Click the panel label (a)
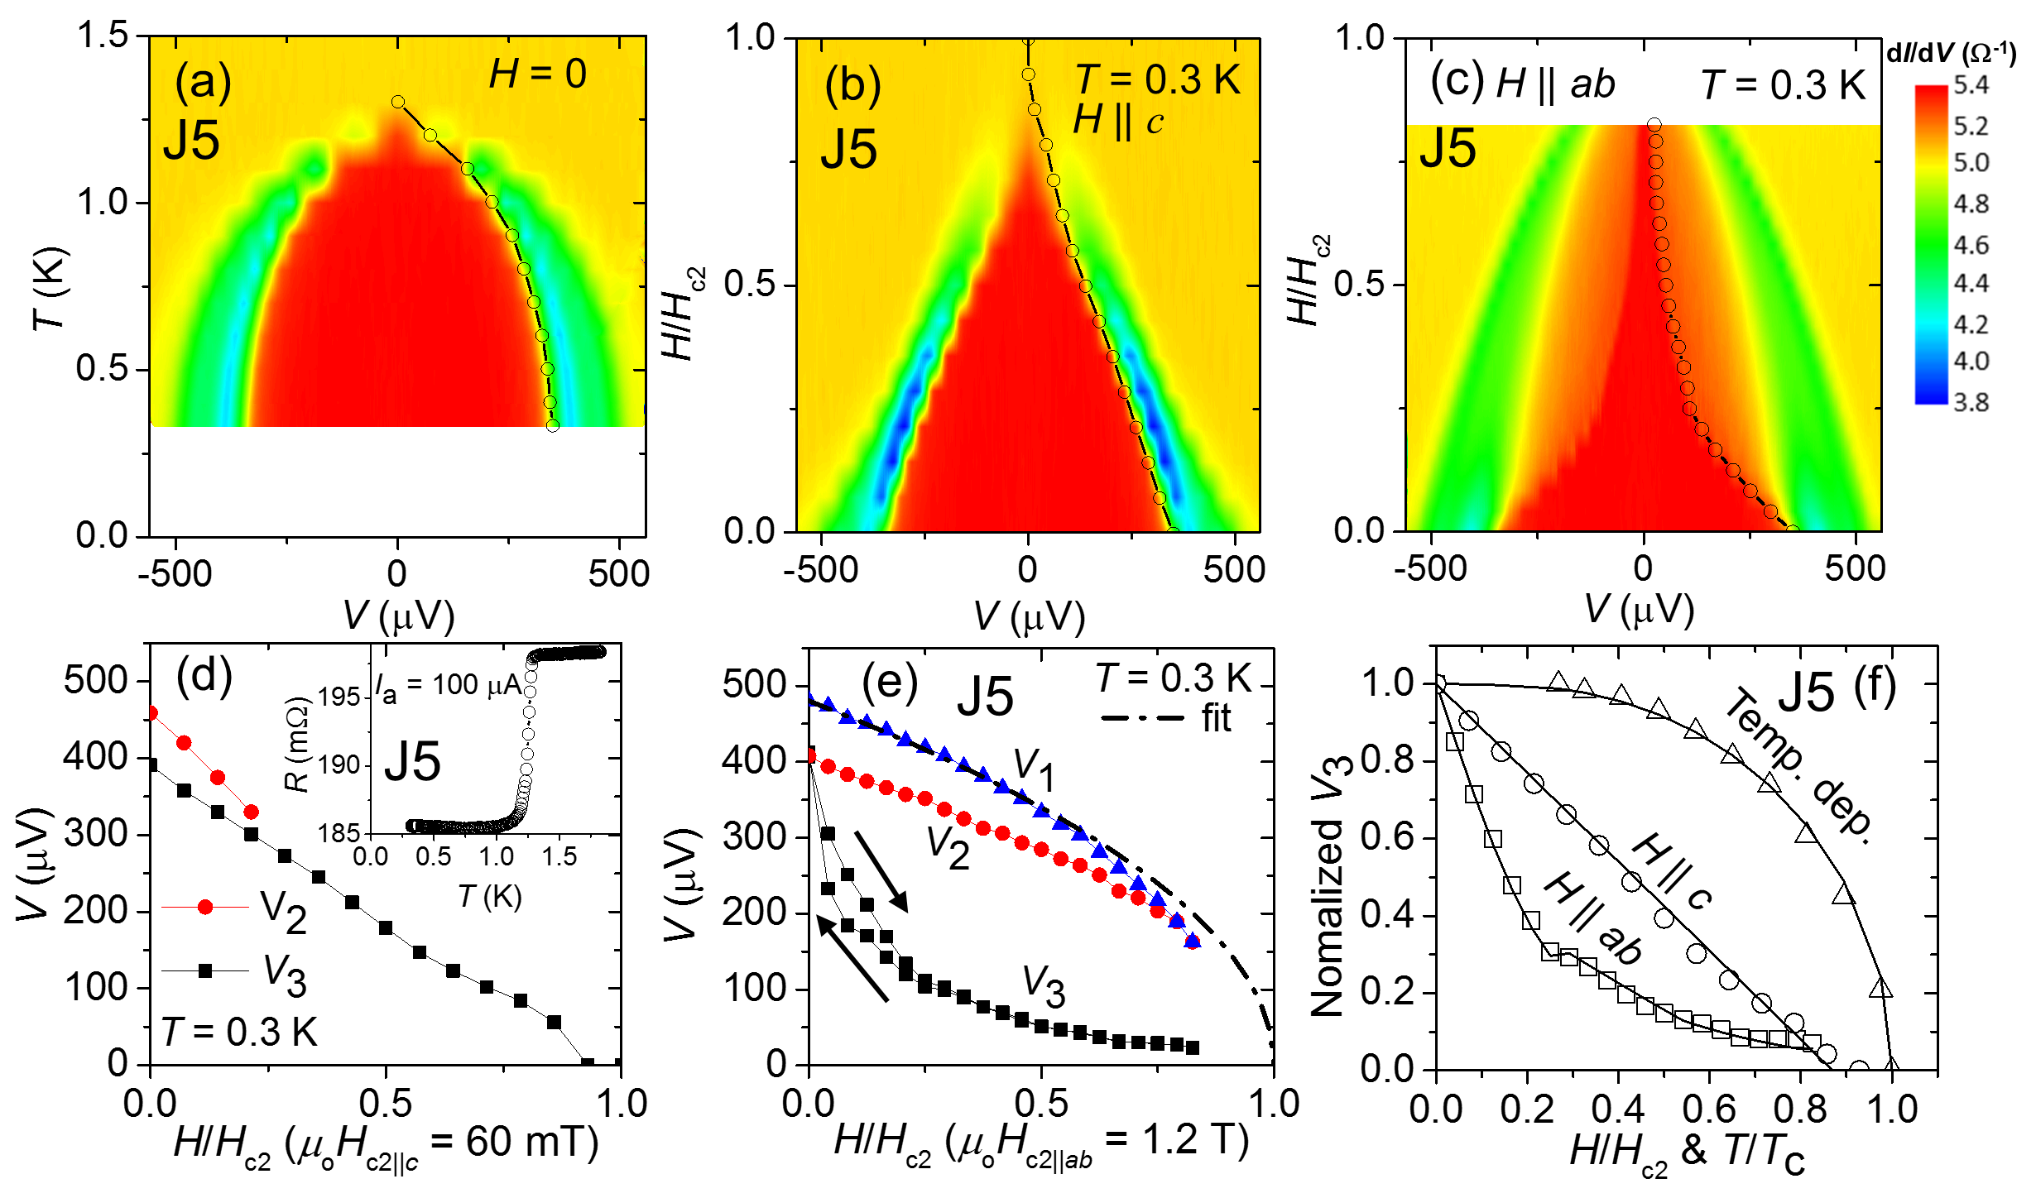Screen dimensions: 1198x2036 203,83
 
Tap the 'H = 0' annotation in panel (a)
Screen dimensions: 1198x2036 538,74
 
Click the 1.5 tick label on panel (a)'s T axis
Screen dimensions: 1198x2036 103,36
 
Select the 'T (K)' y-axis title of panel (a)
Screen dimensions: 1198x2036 50,288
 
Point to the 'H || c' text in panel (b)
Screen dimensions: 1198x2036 1118,121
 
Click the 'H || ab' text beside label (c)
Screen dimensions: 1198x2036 1556,84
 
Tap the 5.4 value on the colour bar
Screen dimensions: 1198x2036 1971,85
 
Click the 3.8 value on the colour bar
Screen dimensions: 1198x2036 1971,403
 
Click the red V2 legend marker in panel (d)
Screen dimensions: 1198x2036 205,908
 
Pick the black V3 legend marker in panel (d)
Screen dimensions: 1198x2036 205,971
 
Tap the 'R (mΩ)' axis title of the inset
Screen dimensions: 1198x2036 297,745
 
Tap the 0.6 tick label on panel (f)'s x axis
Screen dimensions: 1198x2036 1707,1109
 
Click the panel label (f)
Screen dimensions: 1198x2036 1875,686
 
